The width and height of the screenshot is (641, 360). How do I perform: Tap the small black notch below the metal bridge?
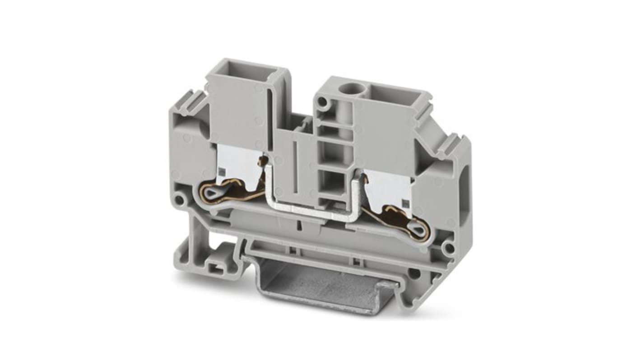click(x=299, y=223)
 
